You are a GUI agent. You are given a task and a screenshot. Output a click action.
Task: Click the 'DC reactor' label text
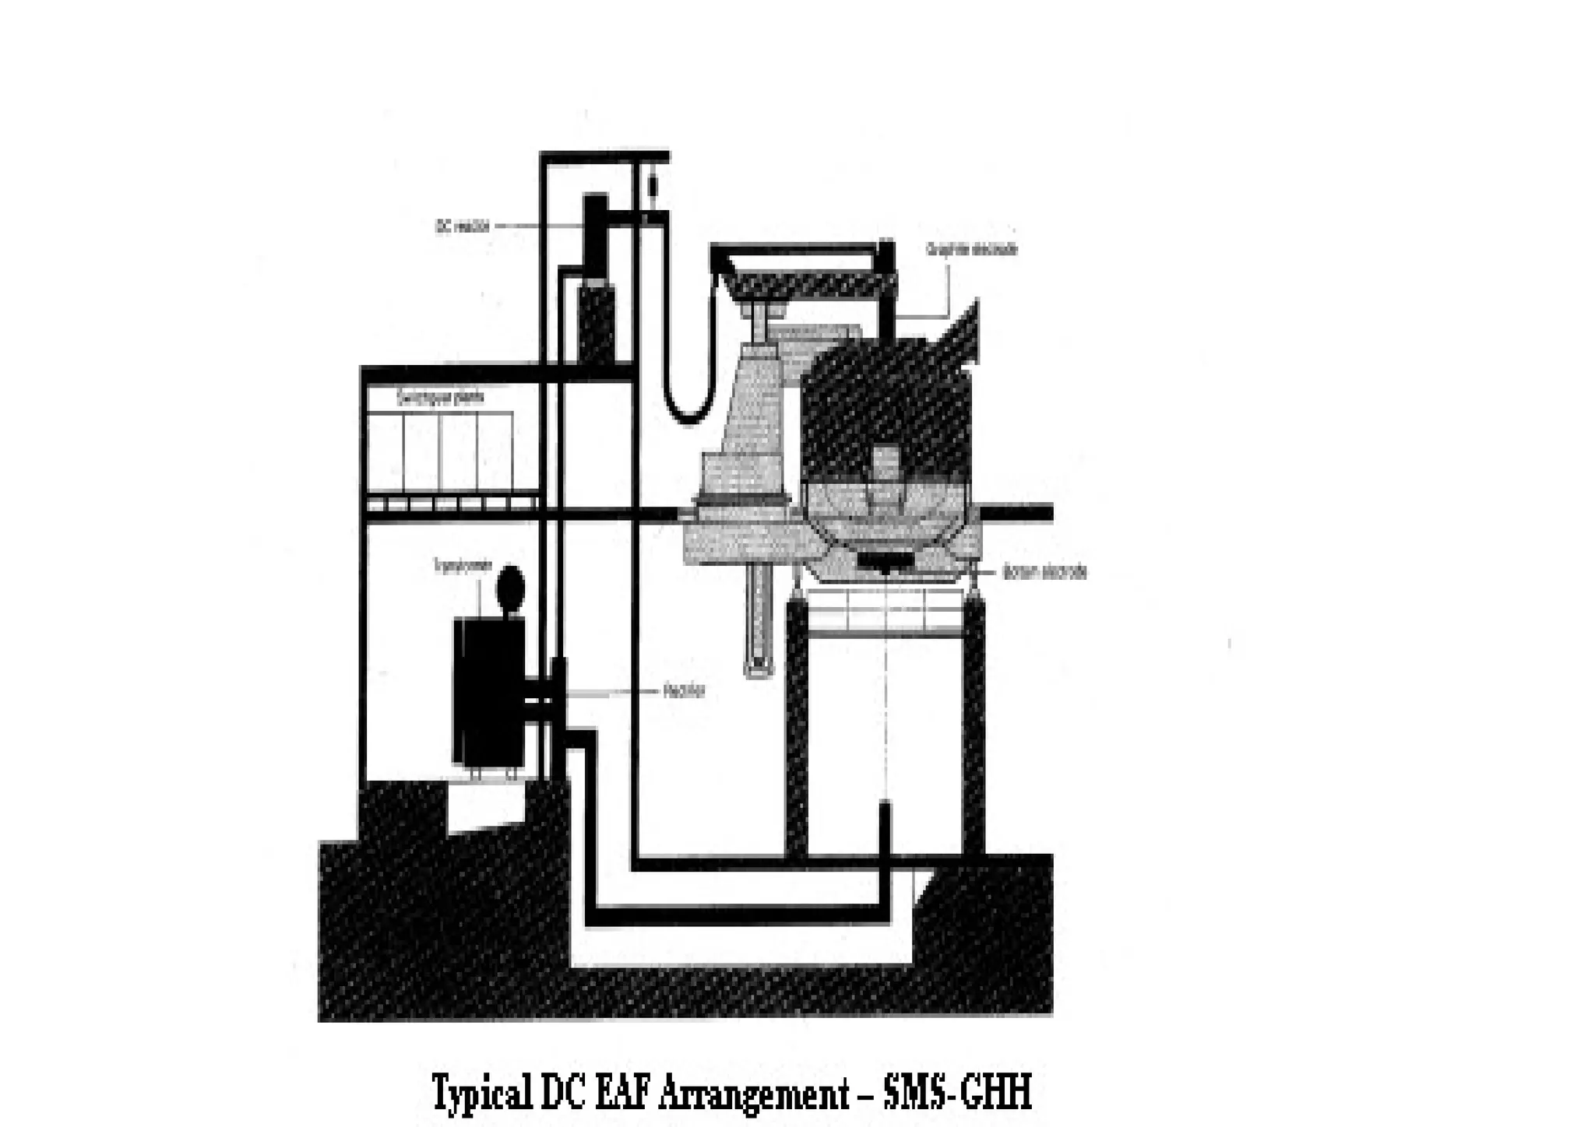pos(463,226)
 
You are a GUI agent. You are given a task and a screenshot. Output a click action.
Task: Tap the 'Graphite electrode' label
pos(971,250)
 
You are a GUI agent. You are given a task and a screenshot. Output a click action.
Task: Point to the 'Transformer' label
pos(463,567)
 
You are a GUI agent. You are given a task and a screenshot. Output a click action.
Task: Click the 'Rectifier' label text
pos(685,690)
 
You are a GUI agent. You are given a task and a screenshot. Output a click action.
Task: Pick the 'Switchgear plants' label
pos(440,398)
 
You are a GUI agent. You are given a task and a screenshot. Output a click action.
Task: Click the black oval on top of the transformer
pos(510,589)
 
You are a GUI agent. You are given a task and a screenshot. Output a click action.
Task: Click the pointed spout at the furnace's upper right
pos(966,327)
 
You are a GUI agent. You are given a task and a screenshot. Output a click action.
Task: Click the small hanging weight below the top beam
pos(653,187)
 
